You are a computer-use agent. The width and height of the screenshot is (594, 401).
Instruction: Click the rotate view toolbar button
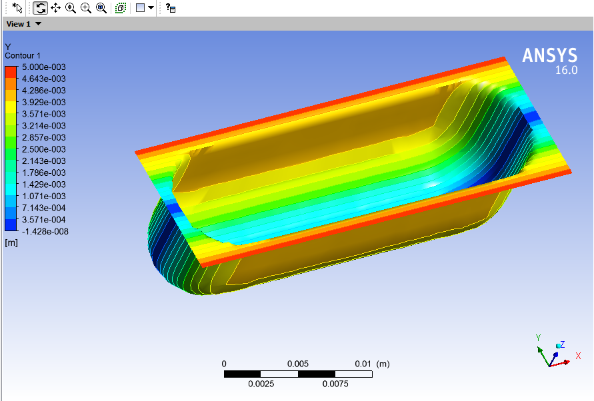point(40,8)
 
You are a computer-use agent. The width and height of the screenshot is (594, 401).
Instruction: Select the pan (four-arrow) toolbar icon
point(55,8)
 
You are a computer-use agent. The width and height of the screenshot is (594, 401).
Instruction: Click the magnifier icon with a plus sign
point(85,8)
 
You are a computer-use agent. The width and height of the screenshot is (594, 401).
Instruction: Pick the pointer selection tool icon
point(18,8)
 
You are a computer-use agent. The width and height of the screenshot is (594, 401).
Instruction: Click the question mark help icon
point(171,8)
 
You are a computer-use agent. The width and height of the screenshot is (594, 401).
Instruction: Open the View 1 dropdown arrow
point(38,24)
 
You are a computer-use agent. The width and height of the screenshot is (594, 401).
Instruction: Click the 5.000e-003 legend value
point(45,67)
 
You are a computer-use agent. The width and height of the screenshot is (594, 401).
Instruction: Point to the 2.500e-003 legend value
point(45,149)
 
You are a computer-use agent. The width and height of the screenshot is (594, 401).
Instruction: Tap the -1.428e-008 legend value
point(45,232)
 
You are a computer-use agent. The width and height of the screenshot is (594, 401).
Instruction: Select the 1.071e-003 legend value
point(45,197)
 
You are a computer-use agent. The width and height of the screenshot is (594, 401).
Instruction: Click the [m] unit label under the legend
point(11,243)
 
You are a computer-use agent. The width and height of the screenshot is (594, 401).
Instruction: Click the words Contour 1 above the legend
point(23,55)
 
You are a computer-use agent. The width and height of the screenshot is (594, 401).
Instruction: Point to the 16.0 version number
point(566,70)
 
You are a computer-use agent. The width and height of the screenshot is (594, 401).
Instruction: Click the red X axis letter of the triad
point(578,356)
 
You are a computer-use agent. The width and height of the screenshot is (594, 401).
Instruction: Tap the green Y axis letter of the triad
point(538,338)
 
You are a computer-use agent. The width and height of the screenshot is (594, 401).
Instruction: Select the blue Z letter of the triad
point(563,344)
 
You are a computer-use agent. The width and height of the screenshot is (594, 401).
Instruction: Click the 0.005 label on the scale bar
point(298,364)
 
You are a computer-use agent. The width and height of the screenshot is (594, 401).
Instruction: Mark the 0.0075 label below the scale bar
point(335,384)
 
